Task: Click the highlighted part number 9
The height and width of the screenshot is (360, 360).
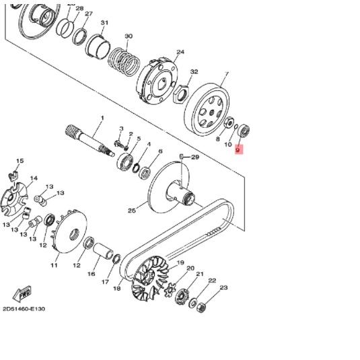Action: pyautogui.click(x=238, y=151)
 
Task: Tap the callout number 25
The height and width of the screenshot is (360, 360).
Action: pyautogui.click(x=132, y=211)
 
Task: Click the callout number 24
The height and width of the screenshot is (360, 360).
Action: pyautogui.click(x=180, y=52)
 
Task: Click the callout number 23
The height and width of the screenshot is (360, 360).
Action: pyautogui.click(x=223, y=287)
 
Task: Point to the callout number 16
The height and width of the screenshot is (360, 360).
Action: pyautogui.click(x=92, y=275)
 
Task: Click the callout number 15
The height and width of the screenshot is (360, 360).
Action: pyautogui.click(x=20, y=161)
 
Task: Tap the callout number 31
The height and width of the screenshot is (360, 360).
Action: pyautogui.click(x=104, y=23)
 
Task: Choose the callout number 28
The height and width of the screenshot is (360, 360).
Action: pyautogui.click(x=79, y=9)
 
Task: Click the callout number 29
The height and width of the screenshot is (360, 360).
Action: pyautogui.click(x=195, y=157)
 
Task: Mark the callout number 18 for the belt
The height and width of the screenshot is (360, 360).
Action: pyautogui.click(x=117, y=289)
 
